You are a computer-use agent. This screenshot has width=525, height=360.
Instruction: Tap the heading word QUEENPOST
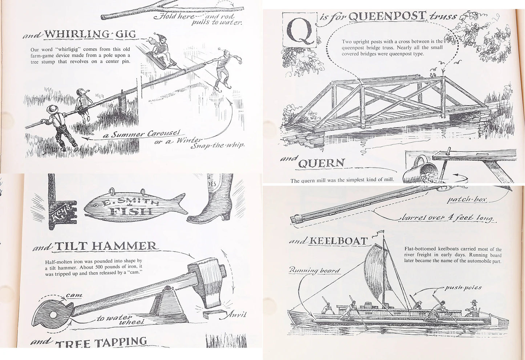387,16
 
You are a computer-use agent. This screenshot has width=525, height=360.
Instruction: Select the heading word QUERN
321,163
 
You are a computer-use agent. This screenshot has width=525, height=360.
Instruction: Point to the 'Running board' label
314,270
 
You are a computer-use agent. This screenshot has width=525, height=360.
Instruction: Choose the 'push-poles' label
463,288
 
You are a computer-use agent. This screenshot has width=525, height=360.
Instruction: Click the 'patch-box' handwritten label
467,200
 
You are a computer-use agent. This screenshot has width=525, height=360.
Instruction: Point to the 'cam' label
74,295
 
